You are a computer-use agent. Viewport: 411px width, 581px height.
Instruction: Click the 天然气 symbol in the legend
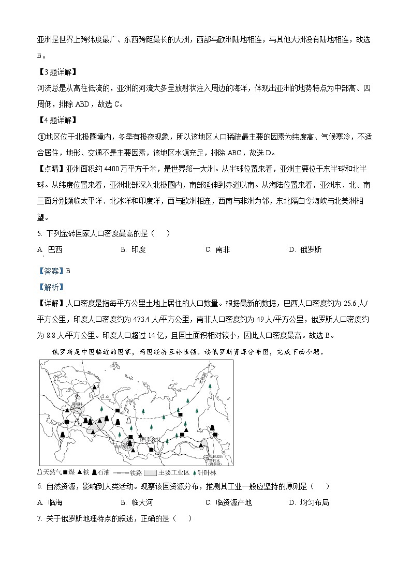point(41,472)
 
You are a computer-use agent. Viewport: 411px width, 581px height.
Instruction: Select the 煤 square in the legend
point(65,472)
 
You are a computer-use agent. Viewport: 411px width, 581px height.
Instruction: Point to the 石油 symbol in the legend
point(94,472)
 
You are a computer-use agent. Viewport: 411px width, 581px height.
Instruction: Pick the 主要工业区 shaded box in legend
point(150,472)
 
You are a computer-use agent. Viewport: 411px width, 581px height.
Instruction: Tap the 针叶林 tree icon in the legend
point(194,472)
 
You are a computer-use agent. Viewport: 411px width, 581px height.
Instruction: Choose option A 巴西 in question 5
point(50,249)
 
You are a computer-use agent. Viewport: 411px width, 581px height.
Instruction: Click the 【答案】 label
point(50,271)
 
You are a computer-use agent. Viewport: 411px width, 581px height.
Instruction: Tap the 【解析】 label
point(50,287)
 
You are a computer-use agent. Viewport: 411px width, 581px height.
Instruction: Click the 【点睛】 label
point(50,169)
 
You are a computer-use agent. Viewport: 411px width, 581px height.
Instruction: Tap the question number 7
point(39,518)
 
